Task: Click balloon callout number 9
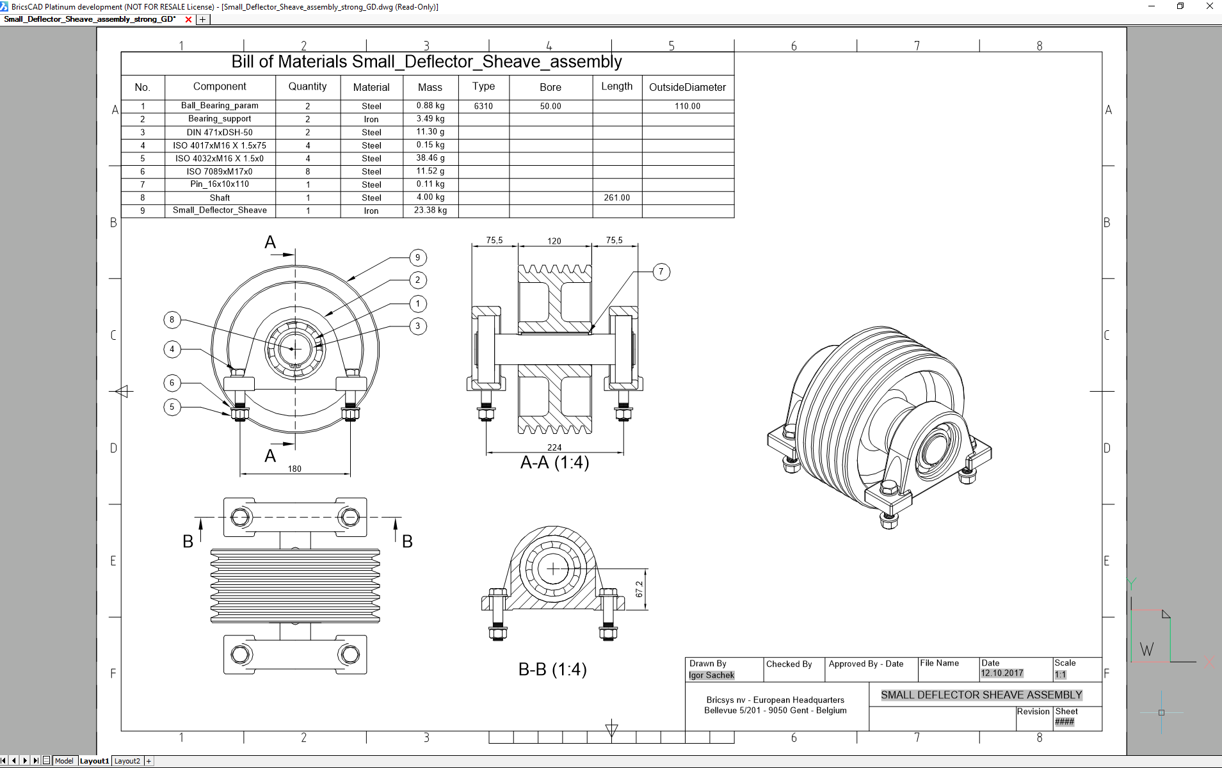pos(417,257)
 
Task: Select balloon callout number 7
pos(661,272)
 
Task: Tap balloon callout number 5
pos(172,407)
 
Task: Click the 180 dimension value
pos(294,469)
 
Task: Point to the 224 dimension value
pos(554,447)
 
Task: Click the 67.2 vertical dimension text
pos(639,589)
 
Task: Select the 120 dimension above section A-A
pos(554,241)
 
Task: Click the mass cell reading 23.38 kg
pos(430,211)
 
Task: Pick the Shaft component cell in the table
pos(220,198)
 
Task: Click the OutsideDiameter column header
pos(687,87)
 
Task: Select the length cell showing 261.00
pos(616,198)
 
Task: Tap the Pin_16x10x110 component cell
pos(220,184)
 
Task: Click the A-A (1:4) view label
pos(554,463)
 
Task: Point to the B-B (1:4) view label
pos(552,669)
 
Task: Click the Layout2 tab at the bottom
pos(127,761)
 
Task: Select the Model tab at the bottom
pos(64,761)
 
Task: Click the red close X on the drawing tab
pos(188,19)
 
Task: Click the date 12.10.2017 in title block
pos(1002,673)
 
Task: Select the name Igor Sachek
pos(711,675)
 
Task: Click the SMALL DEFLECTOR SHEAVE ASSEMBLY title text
pos(981,695)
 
